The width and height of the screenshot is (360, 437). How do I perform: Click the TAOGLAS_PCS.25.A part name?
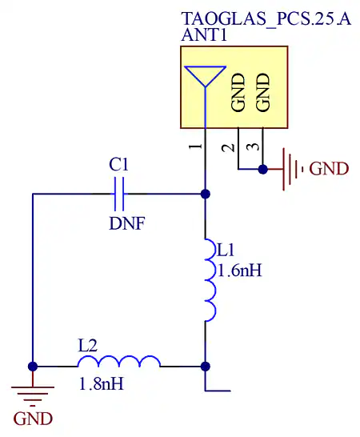266,19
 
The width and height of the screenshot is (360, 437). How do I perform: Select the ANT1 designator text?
204,35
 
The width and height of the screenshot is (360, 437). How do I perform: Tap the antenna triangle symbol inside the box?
205,76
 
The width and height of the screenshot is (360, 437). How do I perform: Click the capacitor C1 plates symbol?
119,194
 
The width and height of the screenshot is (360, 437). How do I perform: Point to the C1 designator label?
118,164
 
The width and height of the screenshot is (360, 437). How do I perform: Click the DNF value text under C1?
127,223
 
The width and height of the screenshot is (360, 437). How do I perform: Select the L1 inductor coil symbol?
210,280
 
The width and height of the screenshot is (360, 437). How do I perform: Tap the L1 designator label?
226,250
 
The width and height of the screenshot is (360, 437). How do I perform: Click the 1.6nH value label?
240,271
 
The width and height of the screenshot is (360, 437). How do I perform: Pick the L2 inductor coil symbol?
118,361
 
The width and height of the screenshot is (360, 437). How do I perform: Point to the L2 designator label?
88,346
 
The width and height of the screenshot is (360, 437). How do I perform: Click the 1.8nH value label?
101,383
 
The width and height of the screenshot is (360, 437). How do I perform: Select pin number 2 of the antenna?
229,148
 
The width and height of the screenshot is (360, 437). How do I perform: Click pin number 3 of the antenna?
253,146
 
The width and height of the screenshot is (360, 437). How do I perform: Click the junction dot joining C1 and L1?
206,194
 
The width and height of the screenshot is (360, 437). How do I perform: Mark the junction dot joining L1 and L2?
206,367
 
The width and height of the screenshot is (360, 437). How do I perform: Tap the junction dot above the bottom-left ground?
33,367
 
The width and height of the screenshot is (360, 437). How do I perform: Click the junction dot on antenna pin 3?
262,169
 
